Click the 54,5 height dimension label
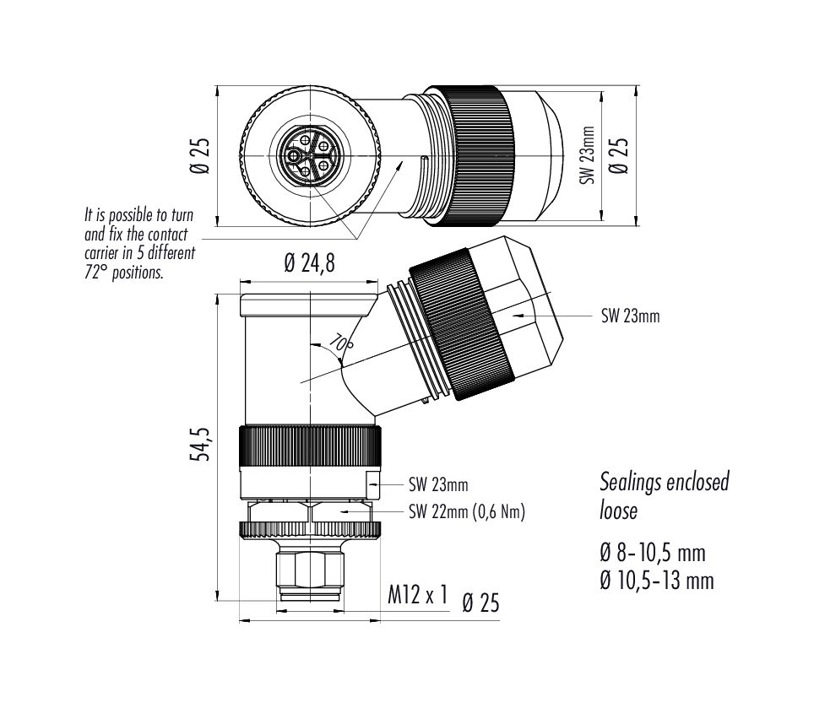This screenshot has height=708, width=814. point(200,445)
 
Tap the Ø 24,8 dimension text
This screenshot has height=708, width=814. point(309,263)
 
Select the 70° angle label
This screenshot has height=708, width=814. point(341,344)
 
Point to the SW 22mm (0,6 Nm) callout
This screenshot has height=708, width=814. point(467,512)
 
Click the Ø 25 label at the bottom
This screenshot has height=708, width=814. point(480,603)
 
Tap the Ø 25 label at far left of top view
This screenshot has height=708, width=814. point(200,155)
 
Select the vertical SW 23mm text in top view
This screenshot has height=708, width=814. point(588,155)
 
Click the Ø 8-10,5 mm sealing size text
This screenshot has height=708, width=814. point(653,553)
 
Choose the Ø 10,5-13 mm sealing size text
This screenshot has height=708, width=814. point(657,581)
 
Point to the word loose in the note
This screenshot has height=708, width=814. point(618,510)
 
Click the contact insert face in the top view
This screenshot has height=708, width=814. point(310,155)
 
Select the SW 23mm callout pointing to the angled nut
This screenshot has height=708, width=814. point(630,316)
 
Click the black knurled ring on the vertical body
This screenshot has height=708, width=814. point(311,447)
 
